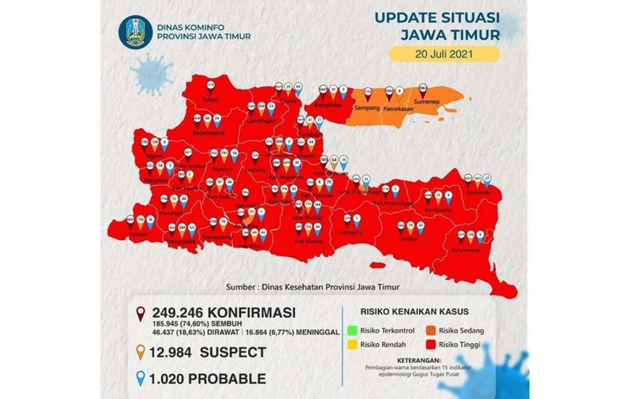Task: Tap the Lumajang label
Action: [352, 232]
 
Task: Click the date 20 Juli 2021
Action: [444, 54]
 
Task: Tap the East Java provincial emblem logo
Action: [135, 33]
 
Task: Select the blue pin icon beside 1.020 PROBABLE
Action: [142, 378]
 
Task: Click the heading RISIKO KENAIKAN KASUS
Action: [414, 312]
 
